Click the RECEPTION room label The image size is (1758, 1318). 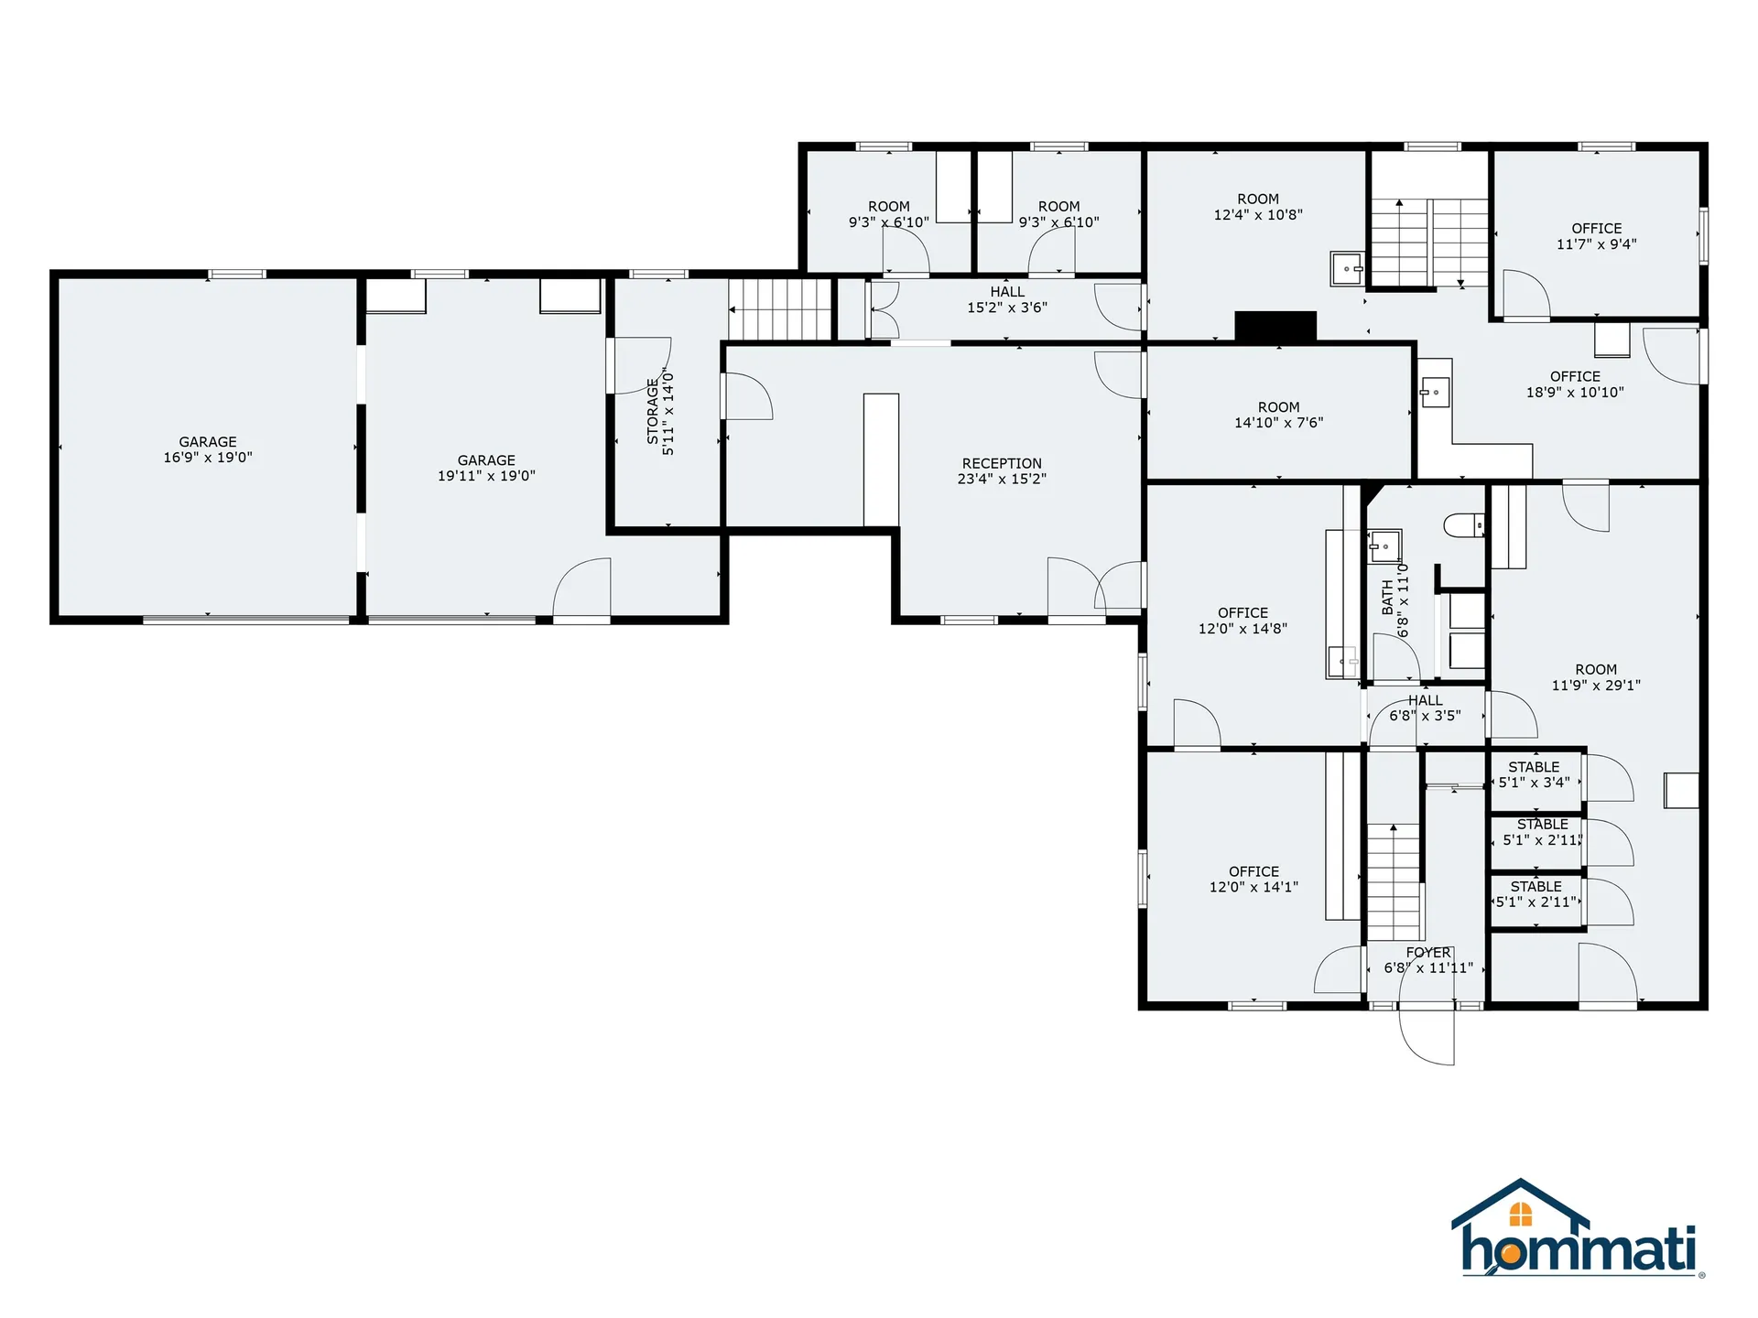(x=1002, y=464)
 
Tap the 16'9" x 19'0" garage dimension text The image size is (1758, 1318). (x=208, y=458)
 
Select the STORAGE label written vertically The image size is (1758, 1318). (x=653, y=412)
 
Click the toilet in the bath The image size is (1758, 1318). (x=1463, y=525)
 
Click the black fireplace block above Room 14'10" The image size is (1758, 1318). (x=1275, y=326)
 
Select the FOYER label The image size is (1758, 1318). (x=1428, y=953)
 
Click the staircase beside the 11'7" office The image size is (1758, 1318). (x=1428, y=243)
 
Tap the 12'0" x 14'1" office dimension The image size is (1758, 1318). (x=1253, y=887)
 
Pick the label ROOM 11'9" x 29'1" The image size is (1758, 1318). (x=1596, y=677)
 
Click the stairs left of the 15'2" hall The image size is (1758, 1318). (x=780, y=309)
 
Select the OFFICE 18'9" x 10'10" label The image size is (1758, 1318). (x=1575, y=384)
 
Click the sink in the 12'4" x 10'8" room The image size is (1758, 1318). (x=1346, y=269)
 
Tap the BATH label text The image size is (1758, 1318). (x=1387, y=597)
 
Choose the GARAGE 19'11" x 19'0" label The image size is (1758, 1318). (x=486, y=468)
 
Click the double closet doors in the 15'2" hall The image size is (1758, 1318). (x=883, y=309)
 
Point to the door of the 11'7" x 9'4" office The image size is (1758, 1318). (x=1526, y=295)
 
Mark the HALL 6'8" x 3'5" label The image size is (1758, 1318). (x=1425, y=708)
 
